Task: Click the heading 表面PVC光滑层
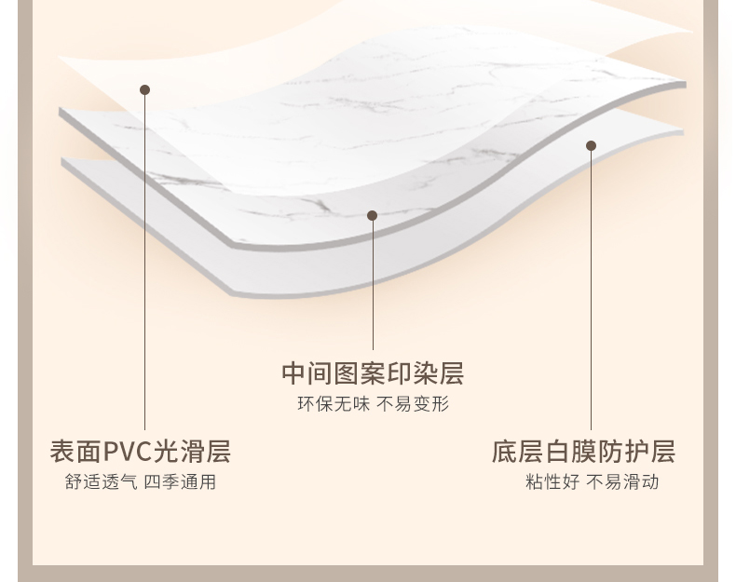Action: click(140, 452)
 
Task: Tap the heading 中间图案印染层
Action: click(373, 373)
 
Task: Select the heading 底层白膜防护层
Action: click(583, 452)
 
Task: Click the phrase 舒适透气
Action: click(101, 482)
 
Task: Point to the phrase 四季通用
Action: click(180, 482)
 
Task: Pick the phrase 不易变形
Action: click(413, 404)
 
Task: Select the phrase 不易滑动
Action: click(622, 482)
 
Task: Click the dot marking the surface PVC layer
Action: click(144, 90)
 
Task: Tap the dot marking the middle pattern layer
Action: click(372, 216)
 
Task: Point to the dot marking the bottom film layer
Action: click(591, 146)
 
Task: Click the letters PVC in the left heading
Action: click(127, 452)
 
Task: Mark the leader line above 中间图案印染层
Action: click(372, 289)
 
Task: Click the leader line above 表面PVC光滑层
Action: click(144, 261)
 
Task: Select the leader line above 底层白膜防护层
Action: click(591, 289)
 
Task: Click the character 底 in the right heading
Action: click(504, 452)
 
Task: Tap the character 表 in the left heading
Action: click(61, 452)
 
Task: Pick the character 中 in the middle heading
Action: click(293, 373)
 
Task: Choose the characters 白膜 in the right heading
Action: click(570, 452)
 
